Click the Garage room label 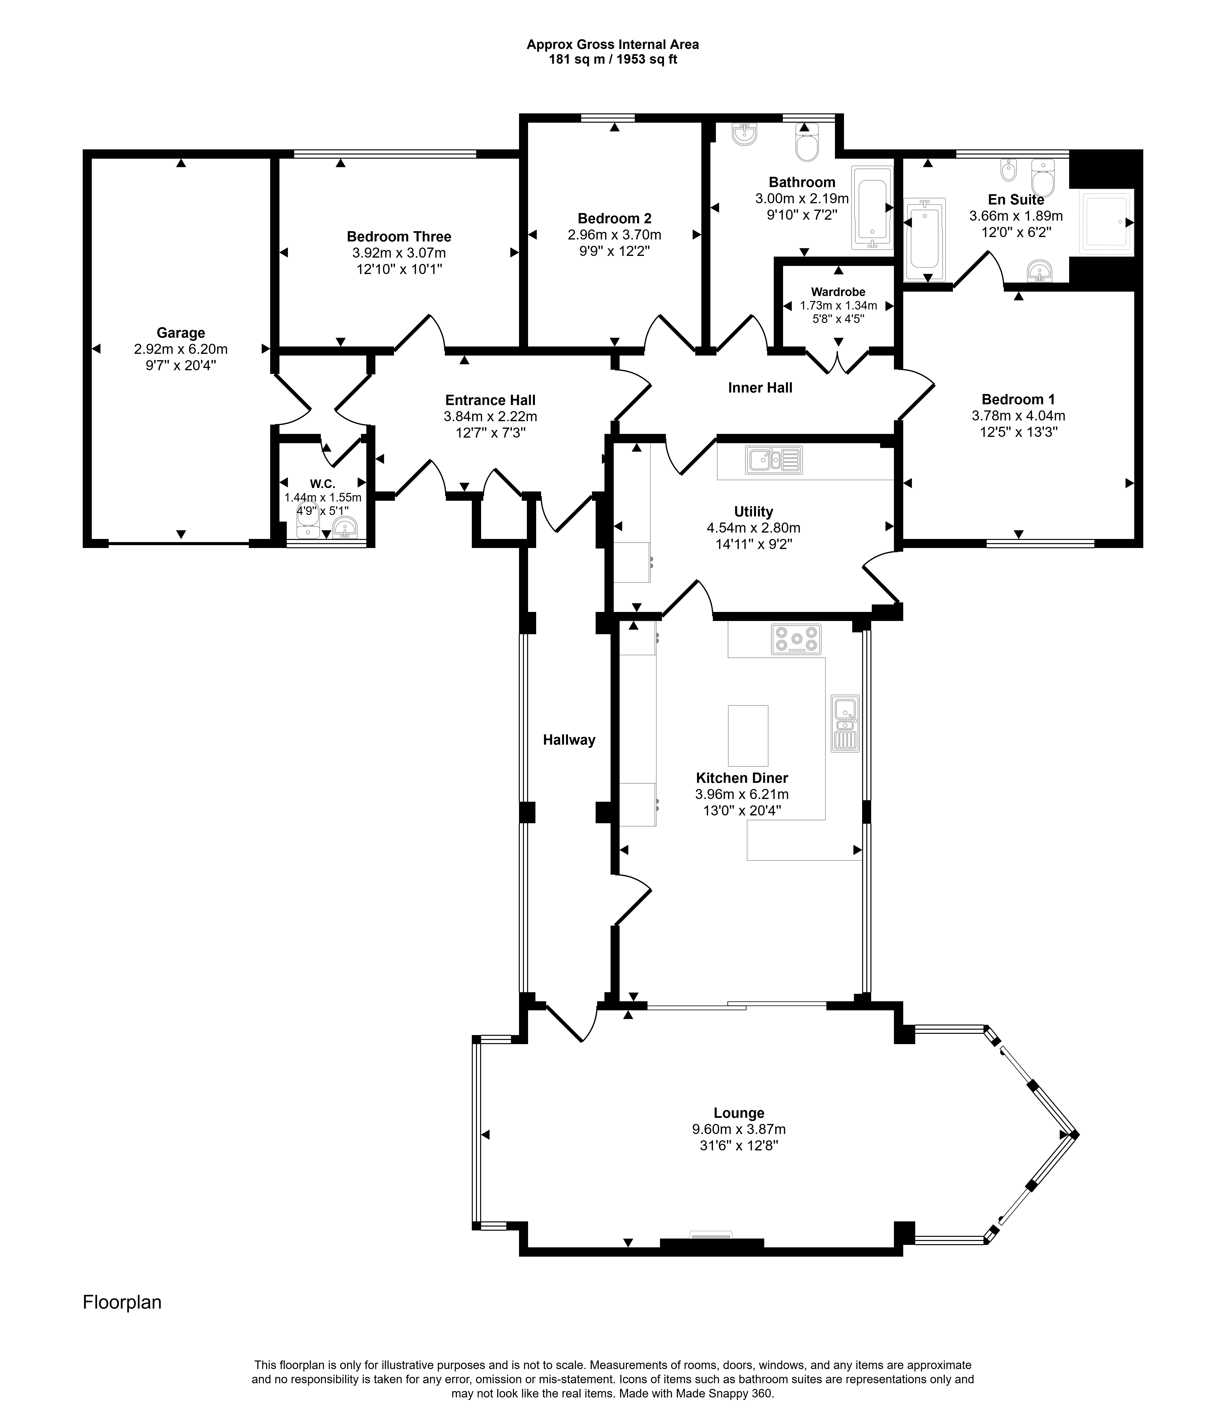181,333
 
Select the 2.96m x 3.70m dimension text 615,235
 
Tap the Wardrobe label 839,292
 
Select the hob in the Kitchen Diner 796,639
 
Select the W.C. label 323,484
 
